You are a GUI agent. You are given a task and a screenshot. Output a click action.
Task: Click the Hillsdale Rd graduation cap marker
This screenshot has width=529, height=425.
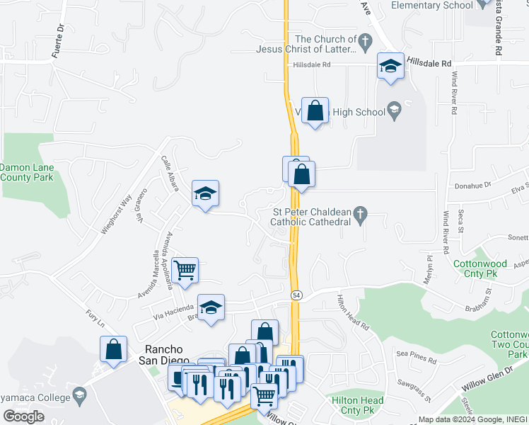click(x=390, y=66)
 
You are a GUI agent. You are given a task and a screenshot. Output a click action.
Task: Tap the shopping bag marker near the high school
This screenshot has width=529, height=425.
click(x=315, y=110)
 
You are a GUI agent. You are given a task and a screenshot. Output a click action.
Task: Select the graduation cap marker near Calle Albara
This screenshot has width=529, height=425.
click(x=205, y=193)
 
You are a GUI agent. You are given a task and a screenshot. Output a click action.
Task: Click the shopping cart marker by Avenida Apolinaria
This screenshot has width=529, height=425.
click(x=185, y=271)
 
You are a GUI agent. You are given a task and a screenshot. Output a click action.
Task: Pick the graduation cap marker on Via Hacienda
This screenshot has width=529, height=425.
click(x=210, y=307)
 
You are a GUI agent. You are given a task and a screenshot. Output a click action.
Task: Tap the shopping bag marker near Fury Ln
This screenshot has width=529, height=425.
click(x=113, y=349)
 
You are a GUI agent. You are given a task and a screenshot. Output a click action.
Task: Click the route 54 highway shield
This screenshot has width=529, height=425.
click(x=296, y=294)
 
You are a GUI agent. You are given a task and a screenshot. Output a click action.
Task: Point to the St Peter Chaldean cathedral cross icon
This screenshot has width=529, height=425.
click(x=361, y=213)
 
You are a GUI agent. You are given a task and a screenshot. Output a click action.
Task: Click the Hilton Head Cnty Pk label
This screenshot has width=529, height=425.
click(x=357, y=405)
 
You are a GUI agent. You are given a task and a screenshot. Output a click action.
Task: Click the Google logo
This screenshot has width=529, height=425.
click(x=23, y=416)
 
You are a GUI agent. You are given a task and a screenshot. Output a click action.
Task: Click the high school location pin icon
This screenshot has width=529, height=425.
click(x=395, y=110)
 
